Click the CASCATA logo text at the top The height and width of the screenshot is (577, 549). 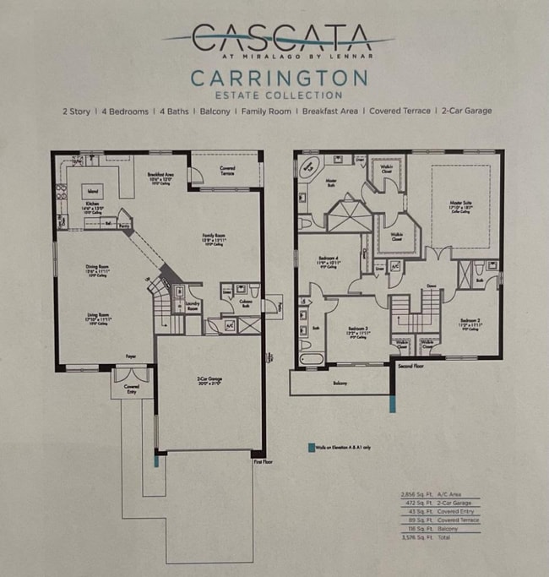click(280, 38)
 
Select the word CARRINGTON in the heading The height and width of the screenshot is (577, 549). click(279, 79)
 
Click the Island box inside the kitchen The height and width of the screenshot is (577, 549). click(92, 191)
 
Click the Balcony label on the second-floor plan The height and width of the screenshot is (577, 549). click(340, 383)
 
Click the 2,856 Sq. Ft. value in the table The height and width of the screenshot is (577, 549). click(413, 495)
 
